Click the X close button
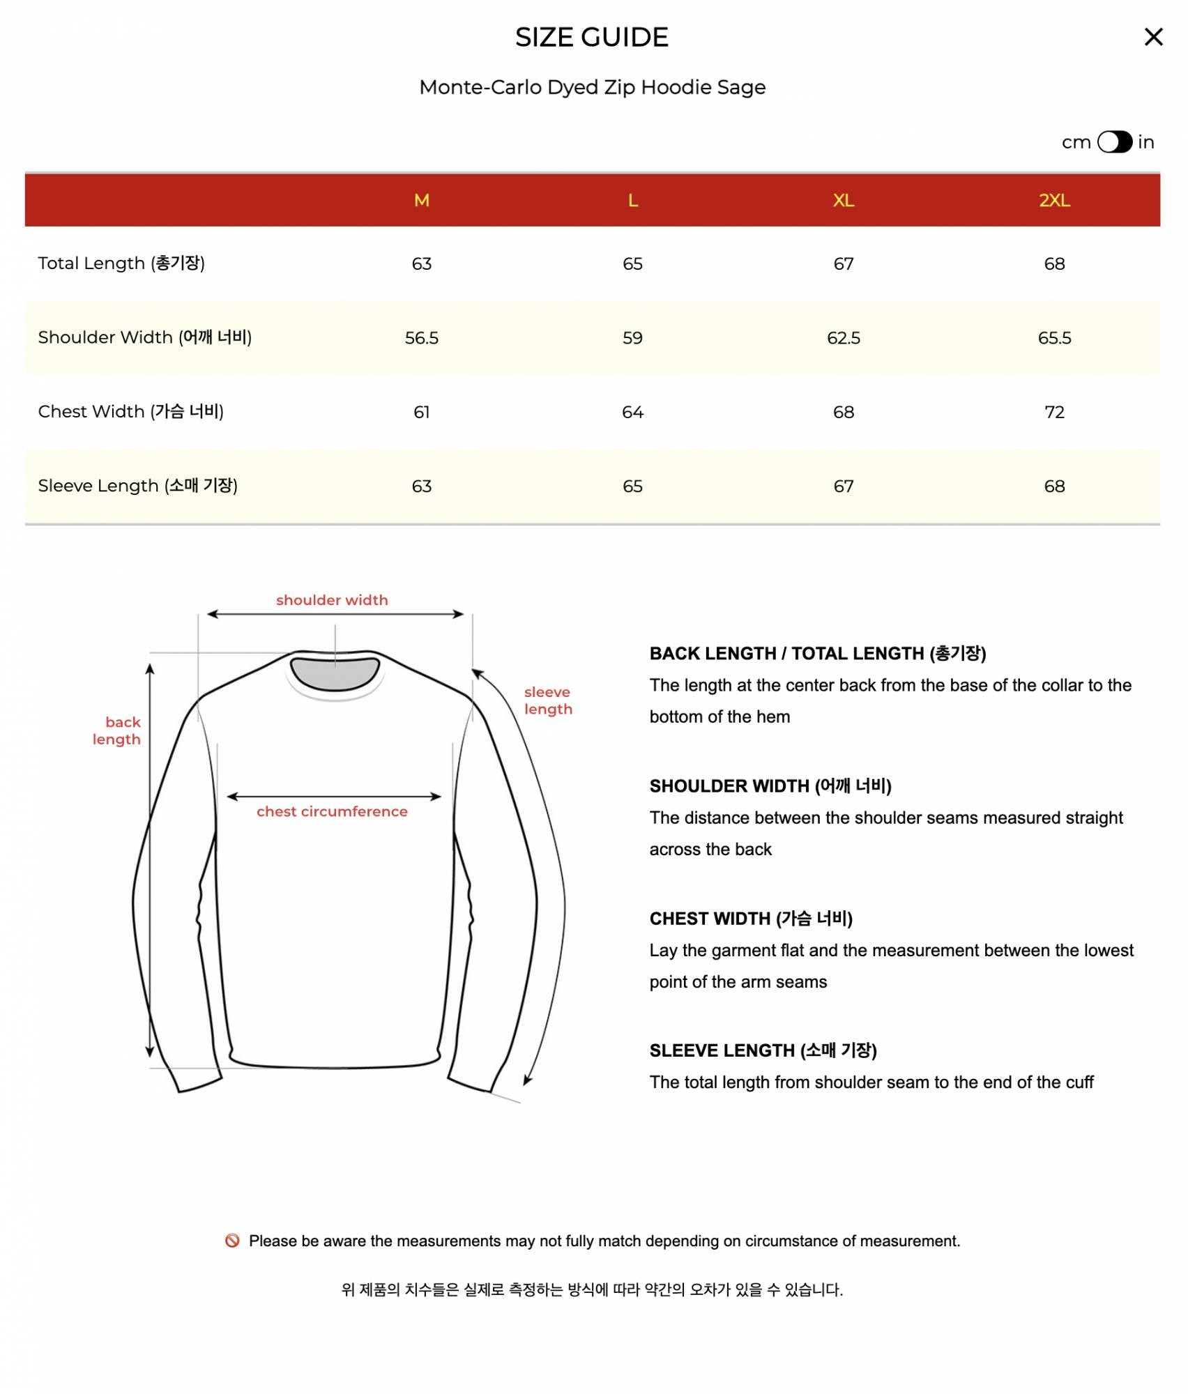click(x=1153, y=37)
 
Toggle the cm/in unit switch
click(x=1114, y=142)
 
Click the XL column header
click(x=843, y=201)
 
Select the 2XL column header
click(x=1053, y=201)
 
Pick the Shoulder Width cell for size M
click(x=421, y=338)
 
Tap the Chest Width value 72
click(x=1053, y=412)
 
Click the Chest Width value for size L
click(x=632, y=412)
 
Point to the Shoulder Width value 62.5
click(x=843, y=338)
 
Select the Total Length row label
click(x=121, y=263)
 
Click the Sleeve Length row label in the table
click(x=137, y=486)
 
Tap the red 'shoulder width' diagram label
click(x=332, y=600)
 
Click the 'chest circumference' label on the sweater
click(x=332, y=811)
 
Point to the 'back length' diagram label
click(x=117, y=730)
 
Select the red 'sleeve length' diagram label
click(x=548, y=700)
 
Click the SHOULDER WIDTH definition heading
click(x=770, y=786)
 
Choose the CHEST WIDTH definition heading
click(x=751, y=919)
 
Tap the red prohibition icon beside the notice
click(x=232, y=1241)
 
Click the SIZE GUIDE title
click(x=592, y=38)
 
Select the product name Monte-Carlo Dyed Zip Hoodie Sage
click(x=592, y=87)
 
